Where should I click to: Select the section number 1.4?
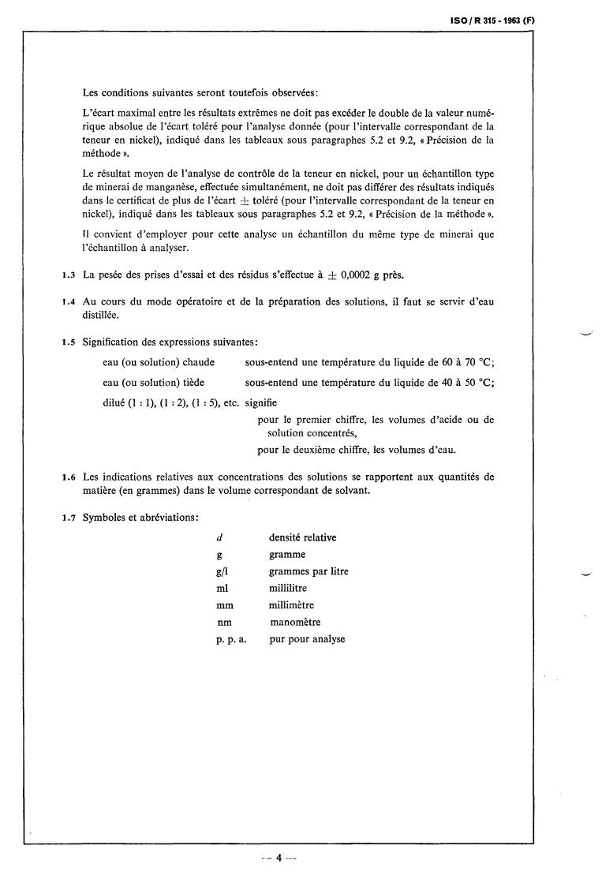(68, 302)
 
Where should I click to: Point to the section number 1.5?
(68, 342)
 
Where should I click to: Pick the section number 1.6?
(68, 477)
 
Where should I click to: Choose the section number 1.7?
(68, 517)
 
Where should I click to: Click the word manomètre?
(295, 623)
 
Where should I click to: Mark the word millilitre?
(288, 589)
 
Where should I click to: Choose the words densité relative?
(302, 538)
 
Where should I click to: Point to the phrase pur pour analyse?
(307, 639)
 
